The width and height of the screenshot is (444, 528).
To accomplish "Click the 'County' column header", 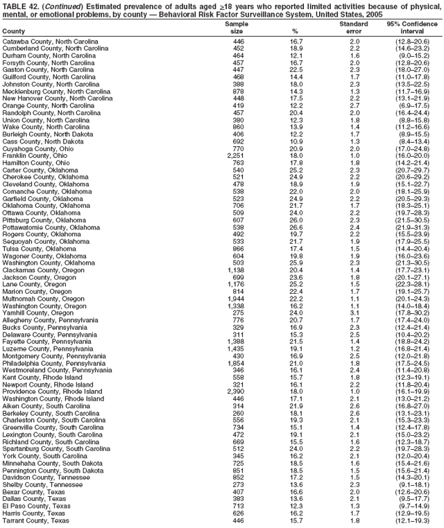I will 14,32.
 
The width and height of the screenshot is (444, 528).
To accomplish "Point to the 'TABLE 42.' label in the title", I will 20,4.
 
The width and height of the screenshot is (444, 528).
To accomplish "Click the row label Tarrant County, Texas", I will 35,520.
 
